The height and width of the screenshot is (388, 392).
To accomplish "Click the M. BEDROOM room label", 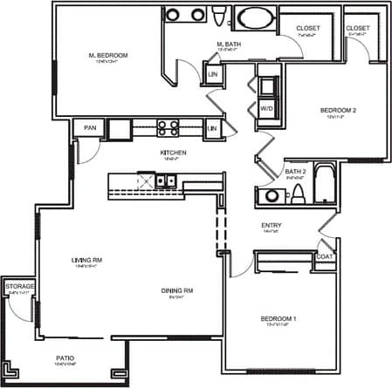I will [x=109, y=56].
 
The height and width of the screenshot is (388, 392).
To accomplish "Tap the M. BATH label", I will [x=229, y=44].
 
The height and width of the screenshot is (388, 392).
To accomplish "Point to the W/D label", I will [x=266, y=108].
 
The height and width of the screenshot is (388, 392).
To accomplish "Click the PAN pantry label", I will [x=89, y=128].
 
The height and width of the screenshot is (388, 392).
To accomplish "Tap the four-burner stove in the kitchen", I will [x=168, y=128].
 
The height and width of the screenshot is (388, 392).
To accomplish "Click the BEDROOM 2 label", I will [x=338, y=110].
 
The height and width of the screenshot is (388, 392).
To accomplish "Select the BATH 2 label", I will [x=295, y=172].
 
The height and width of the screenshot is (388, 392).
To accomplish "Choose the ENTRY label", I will [x=272, y=226].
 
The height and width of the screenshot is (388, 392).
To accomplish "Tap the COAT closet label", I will [x=324, y=255].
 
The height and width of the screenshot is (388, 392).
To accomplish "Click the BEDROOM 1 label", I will [x=279, y=319].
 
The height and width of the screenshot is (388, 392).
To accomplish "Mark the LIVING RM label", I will [x=88, y=260].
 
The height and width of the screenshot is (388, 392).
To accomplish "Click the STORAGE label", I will [x=19, y=286].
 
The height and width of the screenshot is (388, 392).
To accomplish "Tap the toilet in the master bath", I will [x=215, y=16].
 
